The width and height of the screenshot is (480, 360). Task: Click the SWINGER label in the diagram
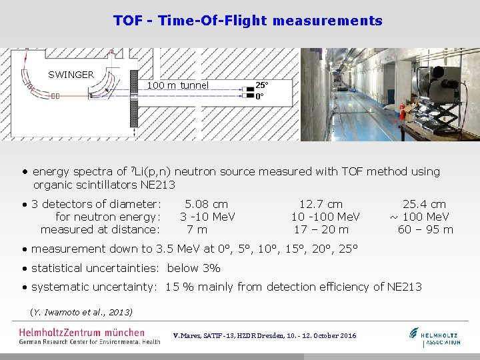coord(71,75)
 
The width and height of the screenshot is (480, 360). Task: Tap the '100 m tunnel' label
coord(177,85)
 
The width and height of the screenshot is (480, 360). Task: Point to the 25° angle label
coord(261,85)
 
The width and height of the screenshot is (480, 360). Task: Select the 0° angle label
coord(259,96)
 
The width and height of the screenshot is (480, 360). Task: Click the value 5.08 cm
coord(206,204)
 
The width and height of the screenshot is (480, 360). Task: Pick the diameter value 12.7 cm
coord(321,204)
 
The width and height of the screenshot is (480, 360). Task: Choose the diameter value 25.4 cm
coord(424,204)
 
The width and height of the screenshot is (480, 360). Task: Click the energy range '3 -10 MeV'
coord(207,217)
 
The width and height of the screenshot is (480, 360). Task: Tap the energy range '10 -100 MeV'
coord(325,217)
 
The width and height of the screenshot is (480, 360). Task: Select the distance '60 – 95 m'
coord(425,229)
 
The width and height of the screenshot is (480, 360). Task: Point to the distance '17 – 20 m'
coord(321,229)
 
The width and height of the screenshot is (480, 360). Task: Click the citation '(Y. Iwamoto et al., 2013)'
coord(81,312)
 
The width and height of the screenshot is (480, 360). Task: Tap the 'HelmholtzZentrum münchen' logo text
coord(81,332)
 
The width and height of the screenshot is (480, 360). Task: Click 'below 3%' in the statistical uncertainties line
coord(193,268)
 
